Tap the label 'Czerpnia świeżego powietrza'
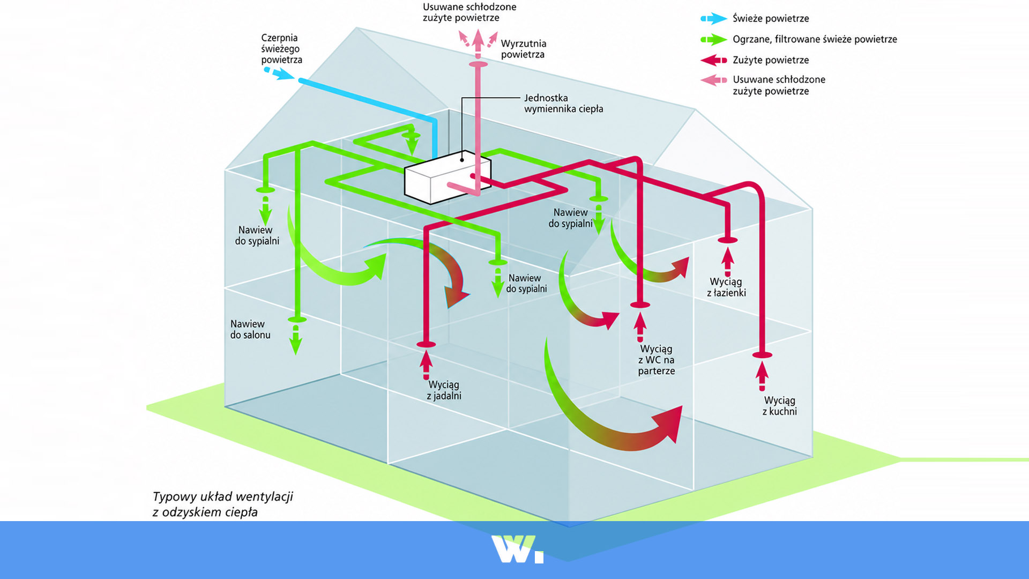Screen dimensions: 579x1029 pos(281,49)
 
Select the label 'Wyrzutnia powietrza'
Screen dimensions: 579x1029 pos(523,49)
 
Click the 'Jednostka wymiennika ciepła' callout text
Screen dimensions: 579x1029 pos(563,103)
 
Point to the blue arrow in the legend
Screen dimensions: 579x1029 pos(714,19)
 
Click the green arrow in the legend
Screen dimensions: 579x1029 pos(714,40)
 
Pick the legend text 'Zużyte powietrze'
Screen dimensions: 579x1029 pos(771,60)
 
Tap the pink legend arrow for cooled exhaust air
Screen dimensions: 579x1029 pos(714,80)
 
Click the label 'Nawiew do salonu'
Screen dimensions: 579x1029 pos(250,329)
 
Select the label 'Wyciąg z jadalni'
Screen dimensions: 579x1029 pos(444,390)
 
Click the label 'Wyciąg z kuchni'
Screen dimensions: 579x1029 pos(779,406)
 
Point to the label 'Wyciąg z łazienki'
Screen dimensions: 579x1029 pos(726,287)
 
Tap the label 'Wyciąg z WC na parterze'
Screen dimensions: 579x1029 pos(656,360)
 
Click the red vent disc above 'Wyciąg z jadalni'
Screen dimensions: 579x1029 pos(426,344)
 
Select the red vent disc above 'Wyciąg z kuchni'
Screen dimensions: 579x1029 pos(762,355)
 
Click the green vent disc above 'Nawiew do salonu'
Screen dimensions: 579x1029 pos(297,320)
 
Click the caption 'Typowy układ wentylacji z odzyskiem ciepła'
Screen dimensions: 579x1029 pos(222,504)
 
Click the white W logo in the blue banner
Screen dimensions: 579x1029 pos(517,549)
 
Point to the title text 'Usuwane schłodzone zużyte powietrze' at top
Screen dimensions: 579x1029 pos(469,12)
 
